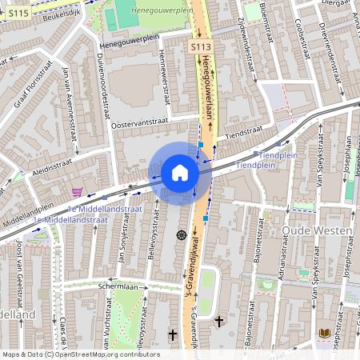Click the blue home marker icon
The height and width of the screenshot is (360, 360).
coord(180,172)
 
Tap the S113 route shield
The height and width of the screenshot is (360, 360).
coord(199,48)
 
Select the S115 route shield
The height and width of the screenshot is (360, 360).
coord(20,13)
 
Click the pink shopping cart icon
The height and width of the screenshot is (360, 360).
coord(77,192)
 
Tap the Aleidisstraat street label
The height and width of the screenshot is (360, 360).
coord(53,165)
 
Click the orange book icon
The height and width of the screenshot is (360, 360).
coord(325,332)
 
